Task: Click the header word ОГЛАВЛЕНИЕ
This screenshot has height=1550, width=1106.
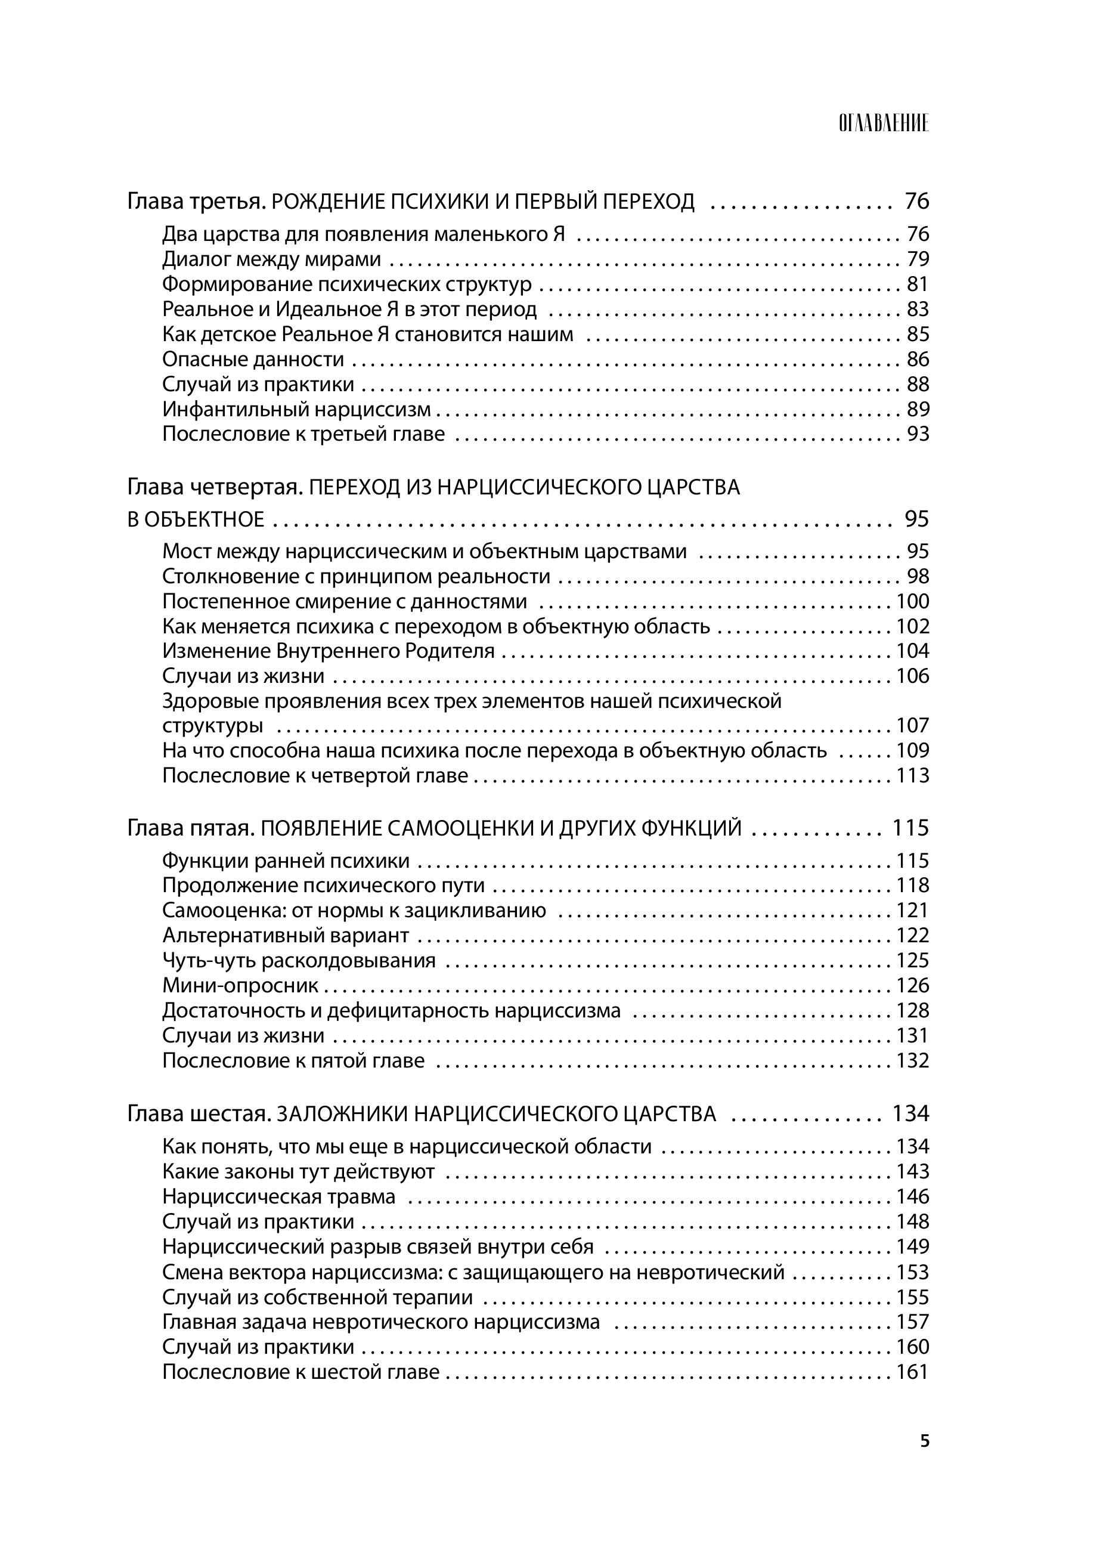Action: tap(883, 124)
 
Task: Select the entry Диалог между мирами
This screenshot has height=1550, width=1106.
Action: tap(271, 259)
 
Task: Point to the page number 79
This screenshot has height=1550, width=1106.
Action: tap(918, 259)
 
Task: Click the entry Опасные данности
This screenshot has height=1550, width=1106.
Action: tap(253, 360)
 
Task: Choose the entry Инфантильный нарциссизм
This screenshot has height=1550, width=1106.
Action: tap(296, 409)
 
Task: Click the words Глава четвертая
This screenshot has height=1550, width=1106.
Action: tap(214, 488)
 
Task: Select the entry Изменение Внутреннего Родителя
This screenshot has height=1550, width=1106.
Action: tap(329, 651)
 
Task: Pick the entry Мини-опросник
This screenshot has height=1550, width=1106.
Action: tap(240, 985)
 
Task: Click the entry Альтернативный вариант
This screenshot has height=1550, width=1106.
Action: tap(286, 936)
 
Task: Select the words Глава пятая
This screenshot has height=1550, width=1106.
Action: tap(191, 828)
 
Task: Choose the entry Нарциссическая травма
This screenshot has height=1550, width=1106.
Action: tap(278, 1196)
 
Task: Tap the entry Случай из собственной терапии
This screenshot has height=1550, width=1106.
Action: tap(317, 1297)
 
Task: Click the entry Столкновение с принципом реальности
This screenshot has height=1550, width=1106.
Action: tap(356, 577)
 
